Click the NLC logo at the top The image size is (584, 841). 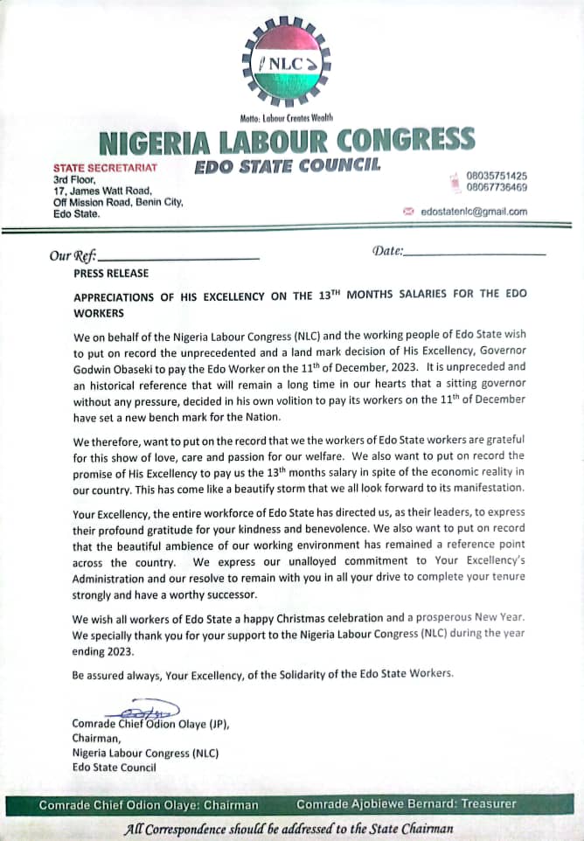(x=287, y=64)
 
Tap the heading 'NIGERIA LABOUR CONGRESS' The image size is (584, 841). (x=288, y=139)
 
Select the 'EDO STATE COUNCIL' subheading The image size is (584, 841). (x=287, y=163)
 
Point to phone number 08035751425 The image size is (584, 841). (x=497, y=175)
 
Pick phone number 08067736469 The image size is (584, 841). (x=497, y=187)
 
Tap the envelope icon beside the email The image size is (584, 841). (x=407, y=212)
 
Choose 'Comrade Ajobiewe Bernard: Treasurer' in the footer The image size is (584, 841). (x=407, y=803)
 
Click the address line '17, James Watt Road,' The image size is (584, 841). (x=102, y=191)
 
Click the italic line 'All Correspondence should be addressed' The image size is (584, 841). (x=289, y=828)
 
